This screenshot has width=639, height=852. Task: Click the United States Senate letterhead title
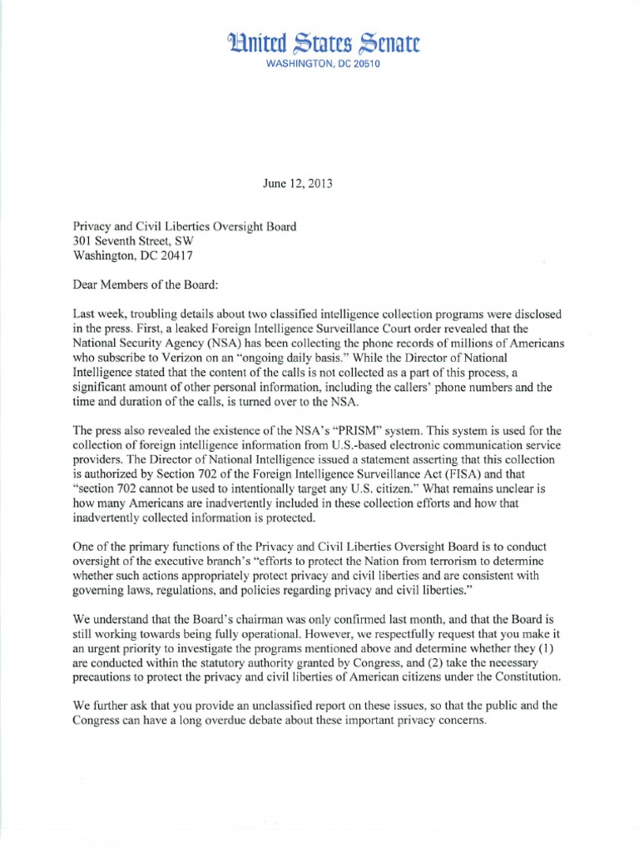point(319,42)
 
